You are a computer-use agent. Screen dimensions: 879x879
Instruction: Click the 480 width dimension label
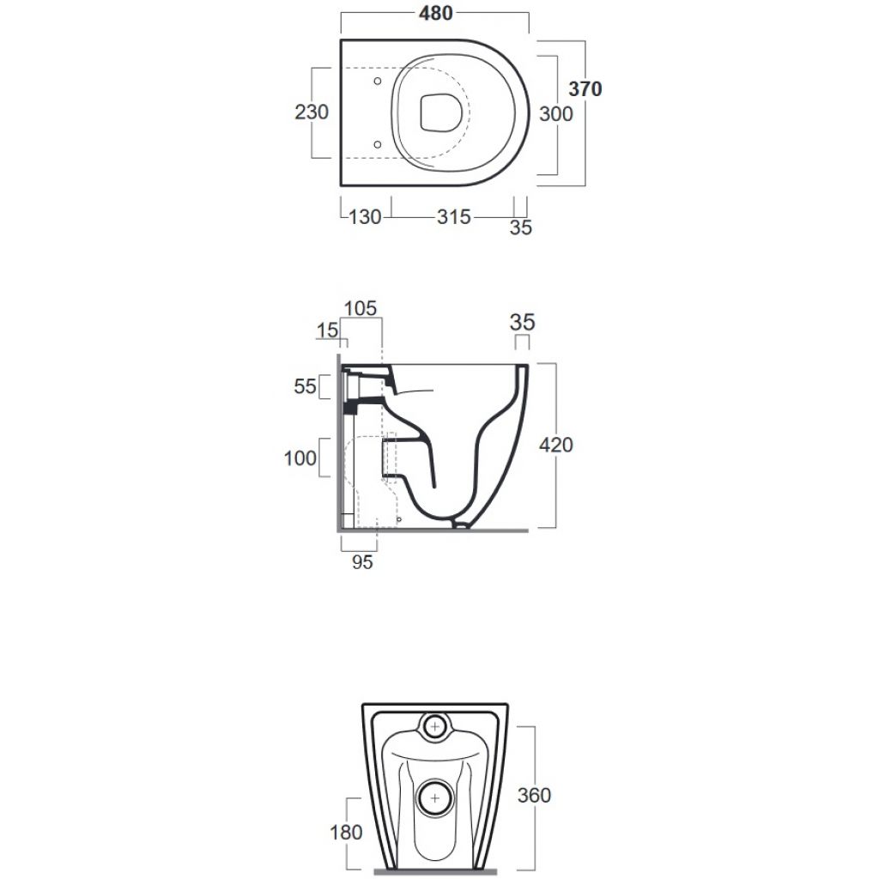(435, 13)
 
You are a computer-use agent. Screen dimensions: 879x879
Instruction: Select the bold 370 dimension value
(585, 88)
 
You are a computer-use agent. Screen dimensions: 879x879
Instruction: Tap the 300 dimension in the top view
(556, 114)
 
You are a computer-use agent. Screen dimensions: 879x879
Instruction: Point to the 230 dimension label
(312, 112)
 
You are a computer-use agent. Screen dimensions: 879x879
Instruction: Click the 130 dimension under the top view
(365, 217)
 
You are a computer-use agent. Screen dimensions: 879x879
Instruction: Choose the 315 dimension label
(454, 217)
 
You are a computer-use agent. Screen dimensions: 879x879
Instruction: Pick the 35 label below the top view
(521, 227)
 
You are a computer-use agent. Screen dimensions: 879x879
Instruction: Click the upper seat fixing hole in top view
(378, 82)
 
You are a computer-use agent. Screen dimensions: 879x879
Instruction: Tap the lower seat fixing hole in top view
(378, 144)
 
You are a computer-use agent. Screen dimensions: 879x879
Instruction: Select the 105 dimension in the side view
(361, 308)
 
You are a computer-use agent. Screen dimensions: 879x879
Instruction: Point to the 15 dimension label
(327, 330)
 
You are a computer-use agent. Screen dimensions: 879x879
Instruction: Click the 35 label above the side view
(523, 323)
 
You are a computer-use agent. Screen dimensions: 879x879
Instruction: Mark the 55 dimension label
(306, 386)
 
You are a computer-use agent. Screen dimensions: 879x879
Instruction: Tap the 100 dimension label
(300, 458)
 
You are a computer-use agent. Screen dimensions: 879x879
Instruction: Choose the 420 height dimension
(556, 446)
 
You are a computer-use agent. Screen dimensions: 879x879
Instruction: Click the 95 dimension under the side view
(362, 562)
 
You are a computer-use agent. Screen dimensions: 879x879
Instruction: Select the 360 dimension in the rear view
(534, 796)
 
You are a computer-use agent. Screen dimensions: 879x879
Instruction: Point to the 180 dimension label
(347, 833)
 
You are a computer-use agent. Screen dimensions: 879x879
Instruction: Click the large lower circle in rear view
(435, 797)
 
